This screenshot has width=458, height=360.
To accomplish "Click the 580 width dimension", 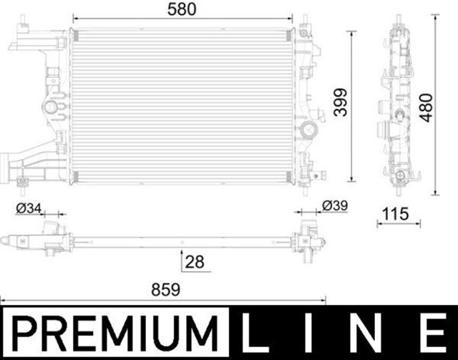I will (184, 9).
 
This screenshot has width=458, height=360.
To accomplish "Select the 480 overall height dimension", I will (427, 106).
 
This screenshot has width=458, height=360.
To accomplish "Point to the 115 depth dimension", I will (394, 213).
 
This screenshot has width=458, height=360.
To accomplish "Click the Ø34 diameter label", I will (28, 208).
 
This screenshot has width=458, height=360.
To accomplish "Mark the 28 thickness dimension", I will (195, 262).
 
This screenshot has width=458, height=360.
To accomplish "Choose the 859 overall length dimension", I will (165, 290).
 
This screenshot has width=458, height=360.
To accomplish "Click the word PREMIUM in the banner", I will (115, 334).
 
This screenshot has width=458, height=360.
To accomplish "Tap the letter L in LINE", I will (255, 334).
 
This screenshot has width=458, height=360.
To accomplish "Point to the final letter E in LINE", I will (432, 334).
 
